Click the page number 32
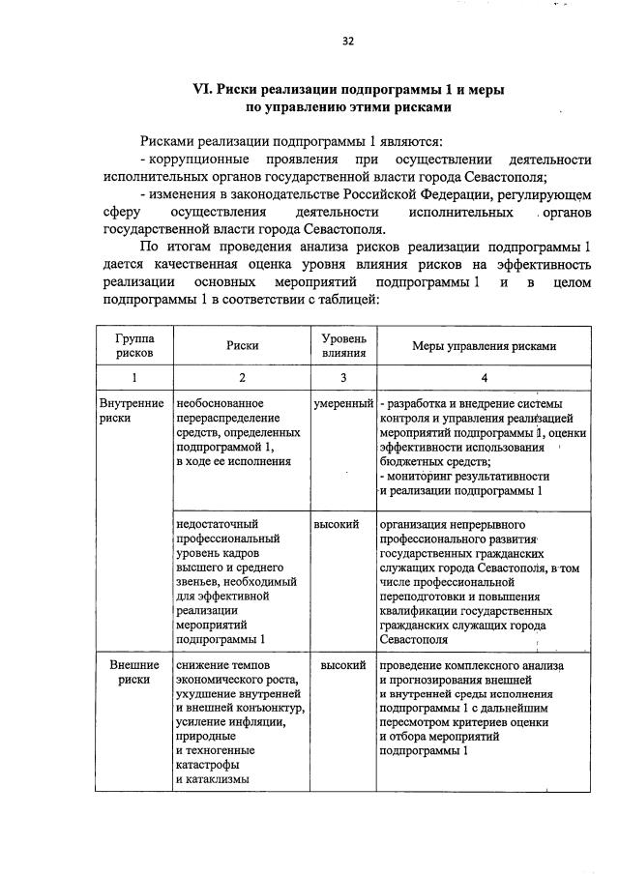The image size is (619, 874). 348,41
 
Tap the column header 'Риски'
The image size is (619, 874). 242,346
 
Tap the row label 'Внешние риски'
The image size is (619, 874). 132,673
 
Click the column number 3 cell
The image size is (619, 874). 343,378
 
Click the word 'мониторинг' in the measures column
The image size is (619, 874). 425,477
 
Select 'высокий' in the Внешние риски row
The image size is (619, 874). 343,665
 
